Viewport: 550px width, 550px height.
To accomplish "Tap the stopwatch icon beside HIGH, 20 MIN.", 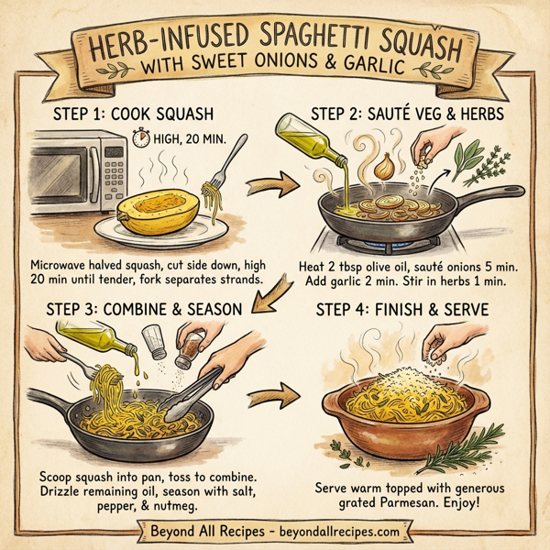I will click(x=141, y=140).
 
